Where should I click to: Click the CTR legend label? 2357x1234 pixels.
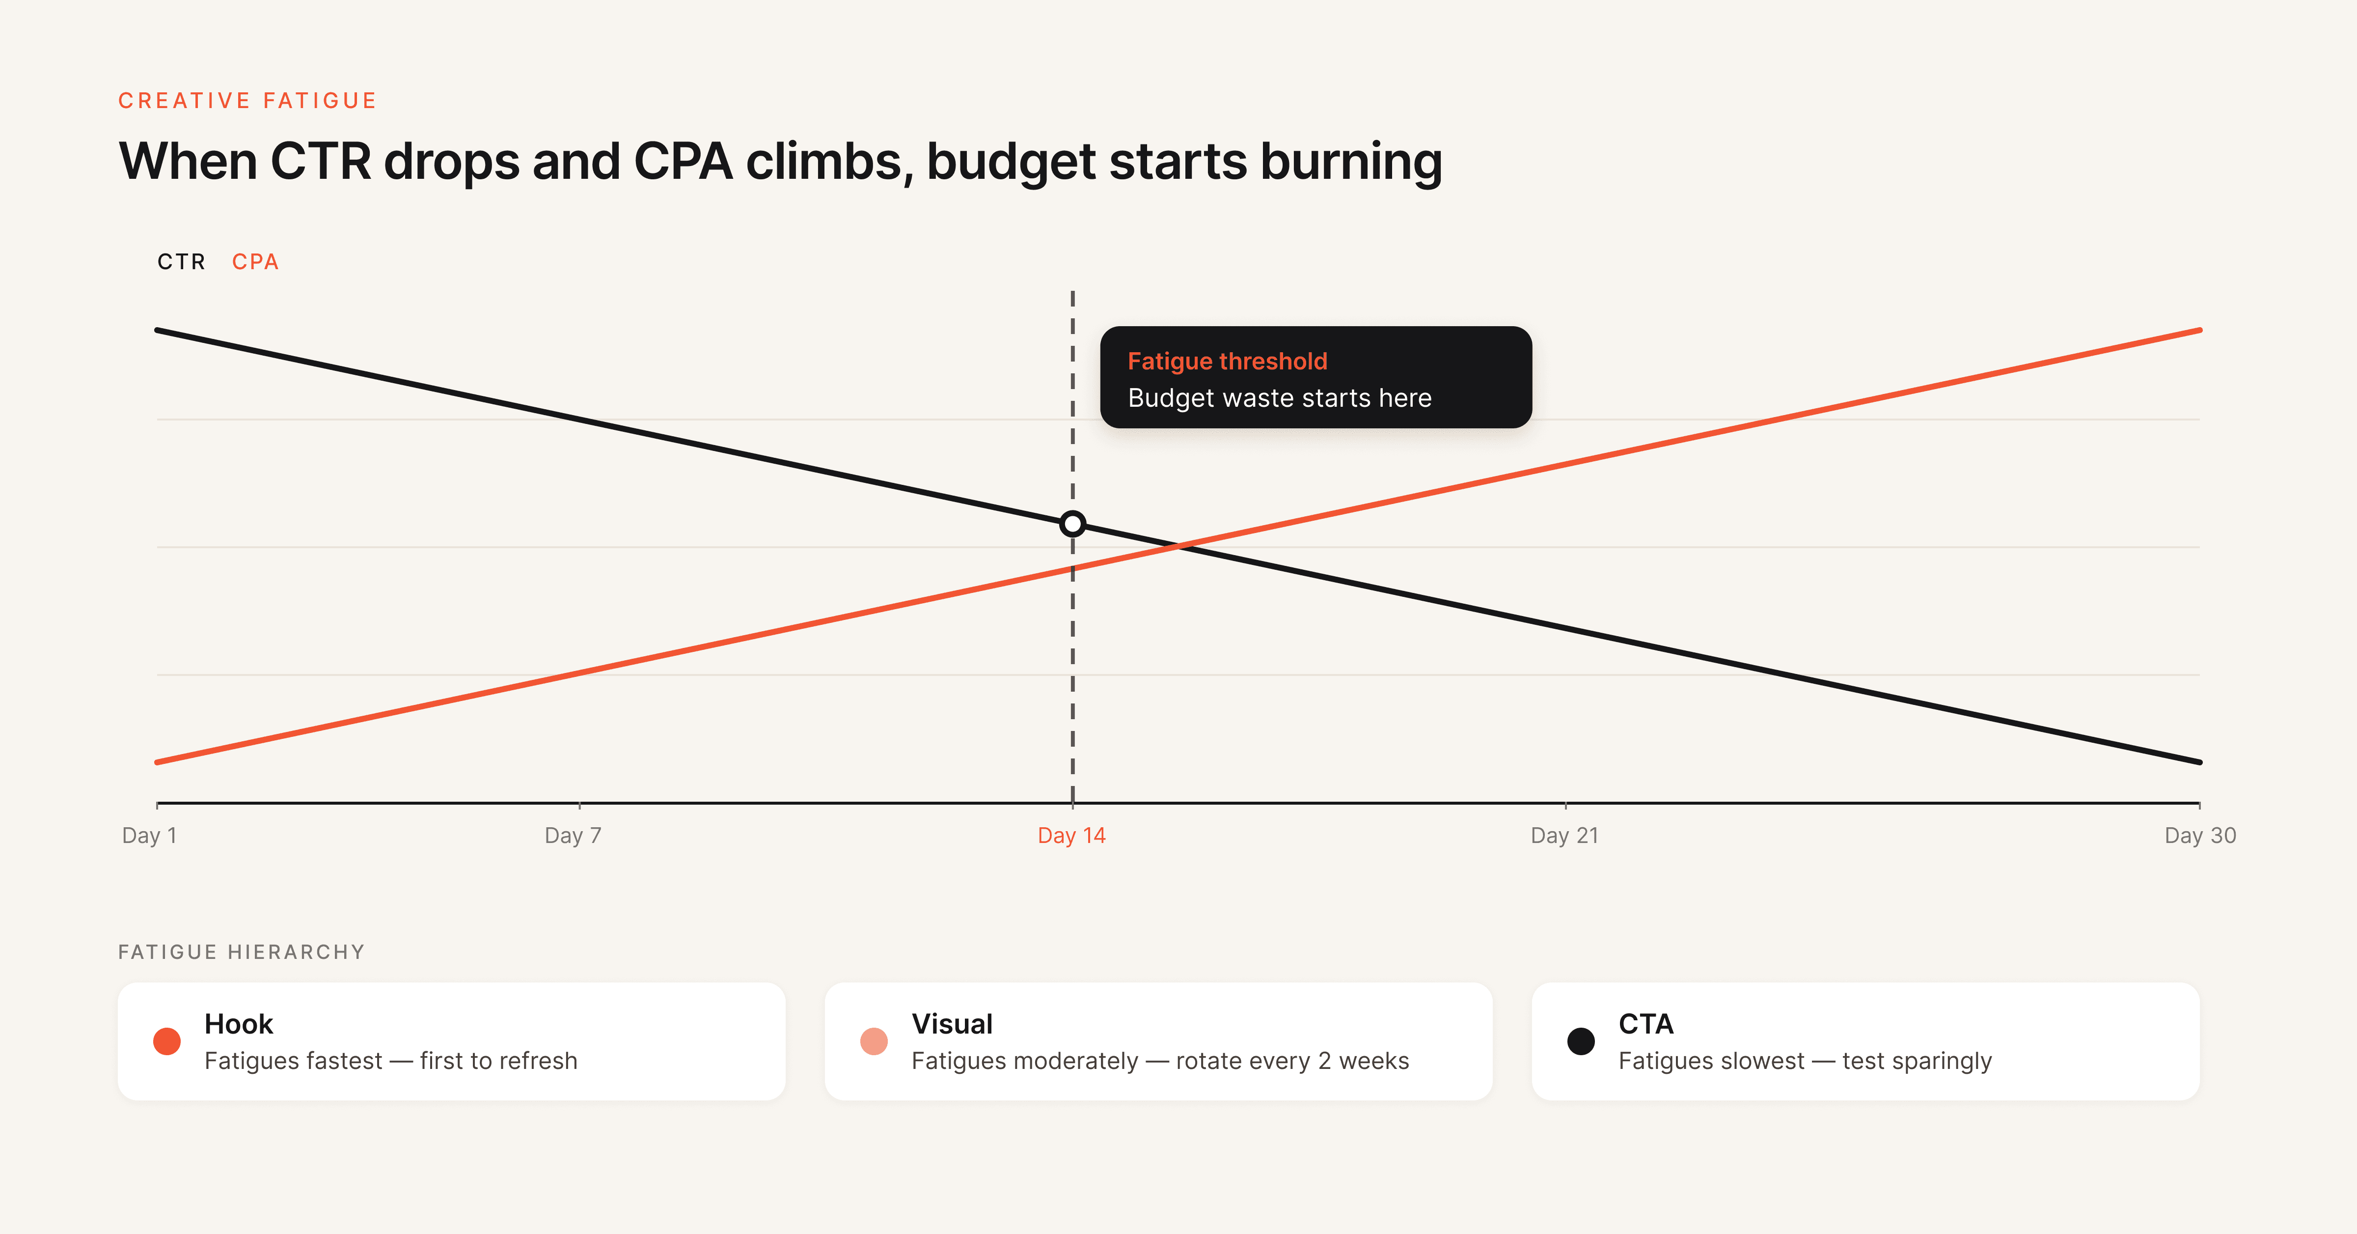tap(181, 262)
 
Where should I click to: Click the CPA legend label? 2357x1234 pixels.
tap(254, 262)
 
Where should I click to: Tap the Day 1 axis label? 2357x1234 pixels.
tap(149, 835)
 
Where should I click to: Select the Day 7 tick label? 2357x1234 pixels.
tap(573, 835)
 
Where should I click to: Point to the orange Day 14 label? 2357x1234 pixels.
tap(1071, 835)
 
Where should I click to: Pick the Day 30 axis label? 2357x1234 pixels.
tap(2200, 835)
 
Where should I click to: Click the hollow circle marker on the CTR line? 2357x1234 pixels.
tap(1072, 524)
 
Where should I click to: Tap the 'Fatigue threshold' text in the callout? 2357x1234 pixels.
tap(1227, 362)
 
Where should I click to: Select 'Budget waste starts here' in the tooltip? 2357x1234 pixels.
tap(1279, 398)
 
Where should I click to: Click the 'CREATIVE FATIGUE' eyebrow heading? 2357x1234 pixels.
tap(247, 101)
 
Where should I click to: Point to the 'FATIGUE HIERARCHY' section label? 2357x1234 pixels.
tap(242, 952)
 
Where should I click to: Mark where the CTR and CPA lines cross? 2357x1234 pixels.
tap(1178, 547)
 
